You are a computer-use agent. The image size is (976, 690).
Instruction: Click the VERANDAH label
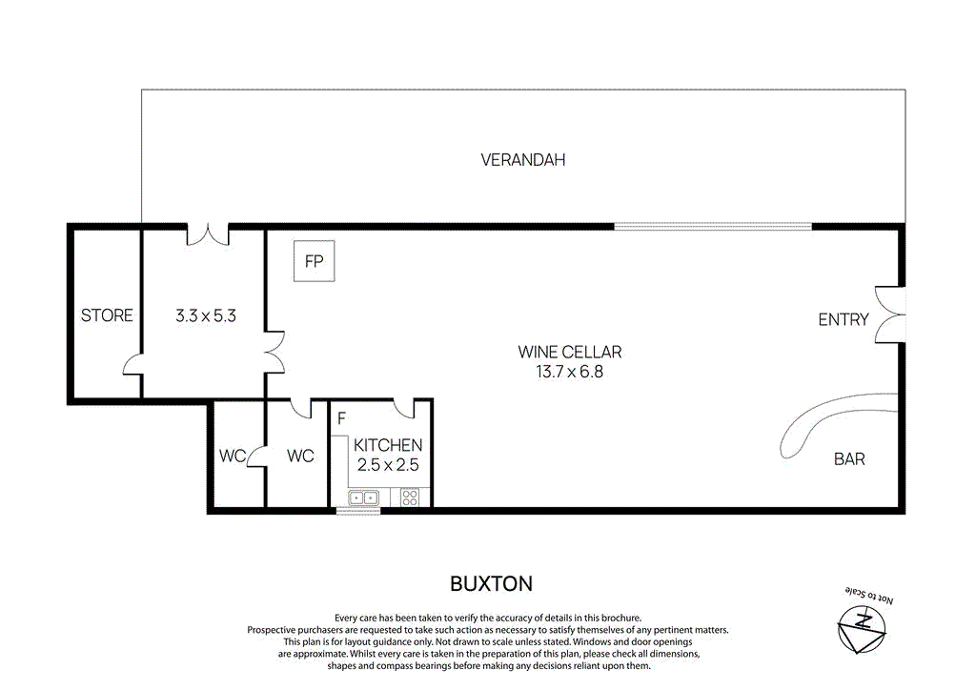coord(522,160)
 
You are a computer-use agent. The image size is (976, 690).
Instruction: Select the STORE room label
coord(107,315)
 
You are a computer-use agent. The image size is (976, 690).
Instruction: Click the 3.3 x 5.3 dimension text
coord(206,315)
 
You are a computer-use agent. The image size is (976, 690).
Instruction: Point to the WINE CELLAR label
coord(570,353)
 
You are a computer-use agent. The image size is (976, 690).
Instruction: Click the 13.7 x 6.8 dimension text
coord(570,372)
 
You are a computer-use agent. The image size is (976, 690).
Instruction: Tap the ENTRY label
coord(844,319)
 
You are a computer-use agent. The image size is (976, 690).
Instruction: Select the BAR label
coord(849,458)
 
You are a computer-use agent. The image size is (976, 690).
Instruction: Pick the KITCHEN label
coord(388,445)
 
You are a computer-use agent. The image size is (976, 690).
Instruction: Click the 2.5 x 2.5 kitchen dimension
coord(388,465)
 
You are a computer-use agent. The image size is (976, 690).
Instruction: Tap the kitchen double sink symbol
coord(363,497)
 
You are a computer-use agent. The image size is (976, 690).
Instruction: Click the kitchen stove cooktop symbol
coord(411,497)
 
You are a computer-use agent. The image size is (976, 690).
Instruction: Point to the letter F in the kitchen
coord(341,416)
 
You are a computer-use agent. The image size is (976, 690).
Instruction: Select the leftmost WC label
coord(232,456)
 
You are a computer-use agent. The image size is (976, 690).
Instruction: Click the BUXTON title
coord(491,583)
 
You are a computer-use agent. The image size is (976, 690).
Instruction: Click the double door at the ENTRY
coord(891,315)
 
